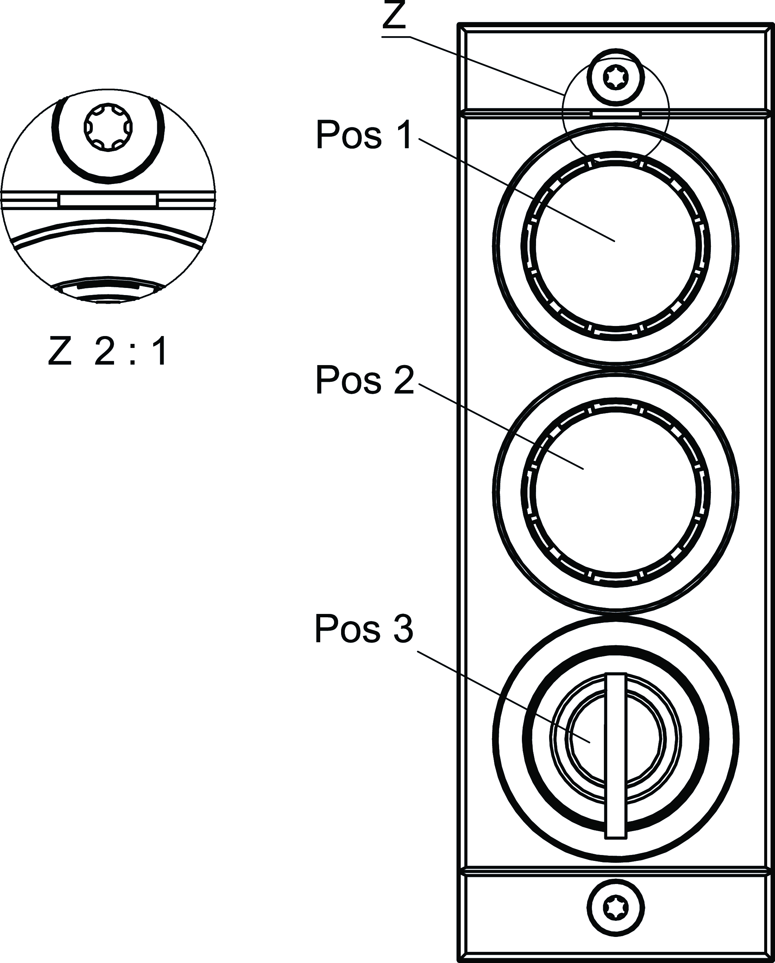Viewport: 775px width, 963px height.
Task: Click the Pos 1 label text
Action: pos(364,134)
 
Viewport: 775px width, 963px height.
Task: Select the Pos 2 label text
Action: pos(365,380)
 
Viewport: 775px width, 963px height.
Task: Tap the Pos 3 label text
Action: pos(364,629)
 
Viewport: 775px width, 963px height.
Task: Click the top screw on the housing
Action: pos(615,78)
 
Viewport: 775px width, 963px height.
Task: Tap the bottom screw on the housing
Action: pos(615,907)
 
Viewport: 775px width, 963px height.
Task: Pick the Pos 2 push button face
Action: pos(615,492)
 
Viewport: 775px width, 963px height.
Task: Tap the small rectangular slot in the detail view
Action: pos(108,200)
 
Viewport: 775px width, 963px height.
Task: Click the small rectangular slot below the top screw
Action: pos(616,114)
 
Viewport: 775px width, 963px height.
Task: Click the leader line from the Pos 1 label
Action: pos(517,190)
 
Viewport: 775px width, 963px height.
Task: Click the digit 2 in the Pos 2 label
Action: pos(404,380)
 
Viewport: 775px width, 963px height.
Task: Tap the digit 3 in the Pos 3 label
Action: pos(403,629)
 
